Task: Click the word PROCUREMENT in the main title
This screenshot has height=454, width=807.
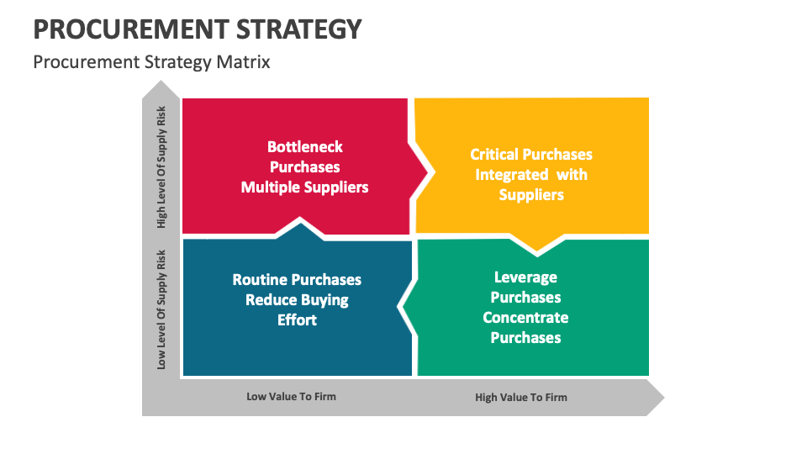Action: click(x=131, y=29)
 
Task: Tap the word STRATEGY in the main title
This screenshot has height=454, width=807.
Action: click(x=299, y=29)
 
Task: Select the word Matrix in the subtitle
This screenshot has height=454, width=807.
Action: click(x=243, y=62)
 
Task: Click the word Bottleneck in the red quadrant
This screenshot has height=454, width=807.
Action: click(x=304, y=147)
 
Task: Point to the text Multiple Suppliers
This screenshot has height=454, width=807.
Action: click(x=304, y=187)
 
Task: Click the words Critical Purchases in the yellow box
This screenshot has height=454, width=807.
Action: click(x=531, y=155)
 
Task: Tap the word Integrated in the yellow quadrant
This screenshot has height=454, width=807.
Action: click(x=512, y=175)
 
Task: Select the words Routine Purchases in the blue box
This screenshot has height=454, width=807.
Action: click(x=297, y=279)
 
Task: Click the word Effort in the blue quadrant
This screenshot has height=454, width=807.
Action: click(x=297, y=320)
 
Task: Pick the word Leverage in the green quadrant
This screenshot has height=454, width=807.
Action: click(x=525, y=277)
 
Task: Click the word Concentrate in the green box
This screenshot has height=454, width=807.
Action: click(x=525, y=318)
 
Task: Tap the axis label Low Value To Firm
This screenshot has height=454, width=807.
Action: click(x=292, y=397)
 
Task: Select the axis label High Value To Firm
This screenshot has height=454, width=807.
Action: click(x=521, y=398)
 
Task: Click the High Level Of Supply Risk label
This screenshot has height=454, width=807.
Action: click(x=161, y=167)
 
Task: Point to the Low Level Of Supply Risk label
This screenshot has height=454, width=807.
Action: click(x=161, y=310)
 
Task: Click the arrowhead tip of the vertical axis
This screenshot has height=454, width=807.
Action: click(x=161, y=81)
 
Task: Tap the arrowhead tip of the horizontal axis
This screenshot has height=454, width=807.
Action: click(x=664, y=398)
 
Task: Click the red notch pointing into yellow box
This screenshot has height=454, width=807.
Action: click(x=420, y=172)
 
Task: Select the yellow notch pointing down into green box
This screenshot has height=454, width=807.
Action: click(x=537, y=245)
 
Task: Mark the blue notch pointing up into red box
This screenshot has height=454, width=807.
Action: click(x=300, y=228)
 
